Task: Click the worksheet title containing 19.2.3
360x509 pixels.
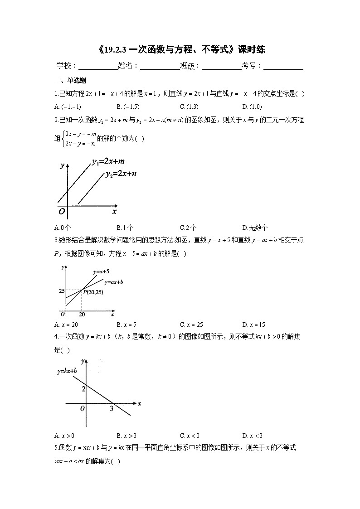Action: (180, 50)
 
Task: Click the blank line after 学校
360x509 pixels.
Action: (97, 67)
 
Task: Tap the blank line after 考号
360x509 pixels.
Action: (283, 67)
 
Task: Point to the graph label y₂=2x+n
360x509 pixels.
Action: (121, 174)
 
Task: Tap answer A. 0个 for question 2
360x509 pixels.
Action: (62, 228)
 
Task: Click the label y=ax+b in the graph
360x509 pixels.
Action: (114, 282)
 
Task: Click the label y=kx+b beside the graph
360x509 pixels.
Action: (67, 371)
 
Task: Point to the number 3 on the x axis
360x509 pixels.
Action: (111, 408)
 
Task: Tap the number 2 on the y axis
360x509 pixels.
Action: (83, 389)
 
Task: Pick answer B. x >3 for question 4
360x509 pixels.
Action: (126, 436)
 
